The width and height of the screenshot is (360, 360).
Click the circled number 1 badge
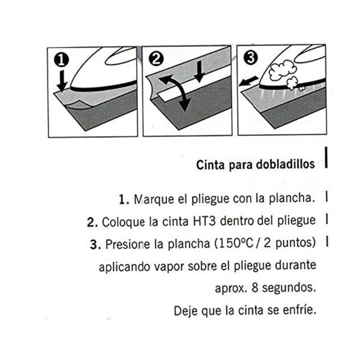61,60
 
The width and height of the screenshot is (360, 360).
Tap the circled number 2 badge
156,59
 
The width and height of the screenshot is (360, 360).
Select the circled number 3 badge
250,58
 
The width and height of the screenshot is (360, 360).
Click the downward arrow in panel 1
62,81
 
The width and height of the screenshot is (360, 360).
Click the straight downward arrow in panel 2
200,71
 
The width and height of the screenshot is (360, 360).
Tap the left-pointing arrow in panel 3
248,82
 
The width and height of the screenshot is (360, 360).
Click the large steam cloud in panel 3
283,70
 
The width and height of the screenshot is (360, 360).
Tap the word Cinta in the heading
210,165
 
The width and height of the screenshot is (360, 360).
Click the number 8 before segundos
255,287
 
